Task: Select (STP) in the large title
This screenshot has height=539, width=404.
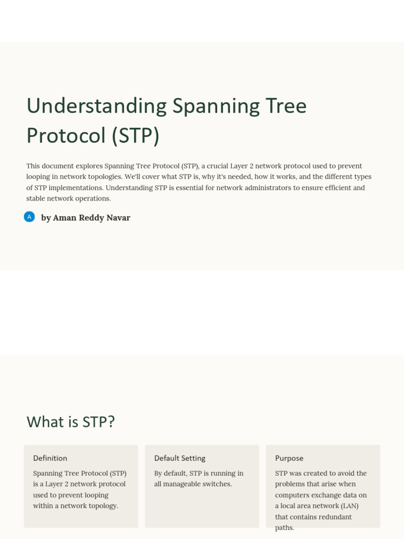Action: pyautogui.click(x=135, y=135)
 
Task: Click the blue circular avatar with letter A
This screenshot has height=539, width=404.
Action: pyautogui.click(x=29, y=217)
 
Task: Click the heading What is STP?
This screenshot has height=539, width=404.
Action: pyautogui.click(x=70, y=422)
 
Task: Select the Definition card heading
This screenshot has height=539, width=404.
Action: pyautogui.click(x=50, y=458)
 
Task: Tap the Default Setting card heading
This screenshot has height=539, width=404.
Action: pyautogui.click(x=179, y=458)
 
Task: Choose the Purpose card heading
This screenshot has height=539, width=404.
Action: pyautogui.click(x=289, y=458)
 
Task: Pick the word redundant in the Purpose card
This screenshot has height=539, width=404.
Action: pyautogui.click(x=335, y=517)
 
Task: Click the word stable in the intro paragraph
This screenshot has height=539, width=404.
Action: pyautogui.click(x=37, y=198)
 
